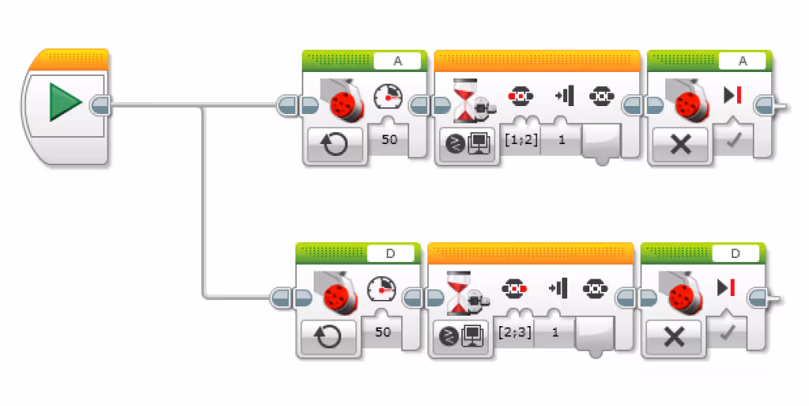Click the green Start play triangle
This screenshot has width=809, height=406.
click(x=66, y=104)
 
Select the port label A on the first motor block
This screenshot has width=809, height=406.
click(x=397, y=61)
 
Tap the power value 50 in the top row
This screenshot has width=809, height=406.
click(x=389, y=140)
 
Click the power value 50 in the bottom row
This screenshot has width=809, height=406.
click(x=382, y=332)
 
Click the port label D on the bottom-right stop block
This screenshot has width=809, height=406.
click(x=736, y=253)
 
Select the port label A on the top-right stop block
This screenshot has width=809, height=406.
click(x=742, y=61)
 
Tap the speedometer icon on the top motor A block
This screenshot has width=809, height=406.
click(x=388, y=98)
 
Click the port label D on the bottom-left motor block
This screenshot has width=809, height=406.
click(x=390, y=253)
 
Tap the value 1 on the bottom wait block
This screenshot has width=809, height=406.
click(x=555, y=332)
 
